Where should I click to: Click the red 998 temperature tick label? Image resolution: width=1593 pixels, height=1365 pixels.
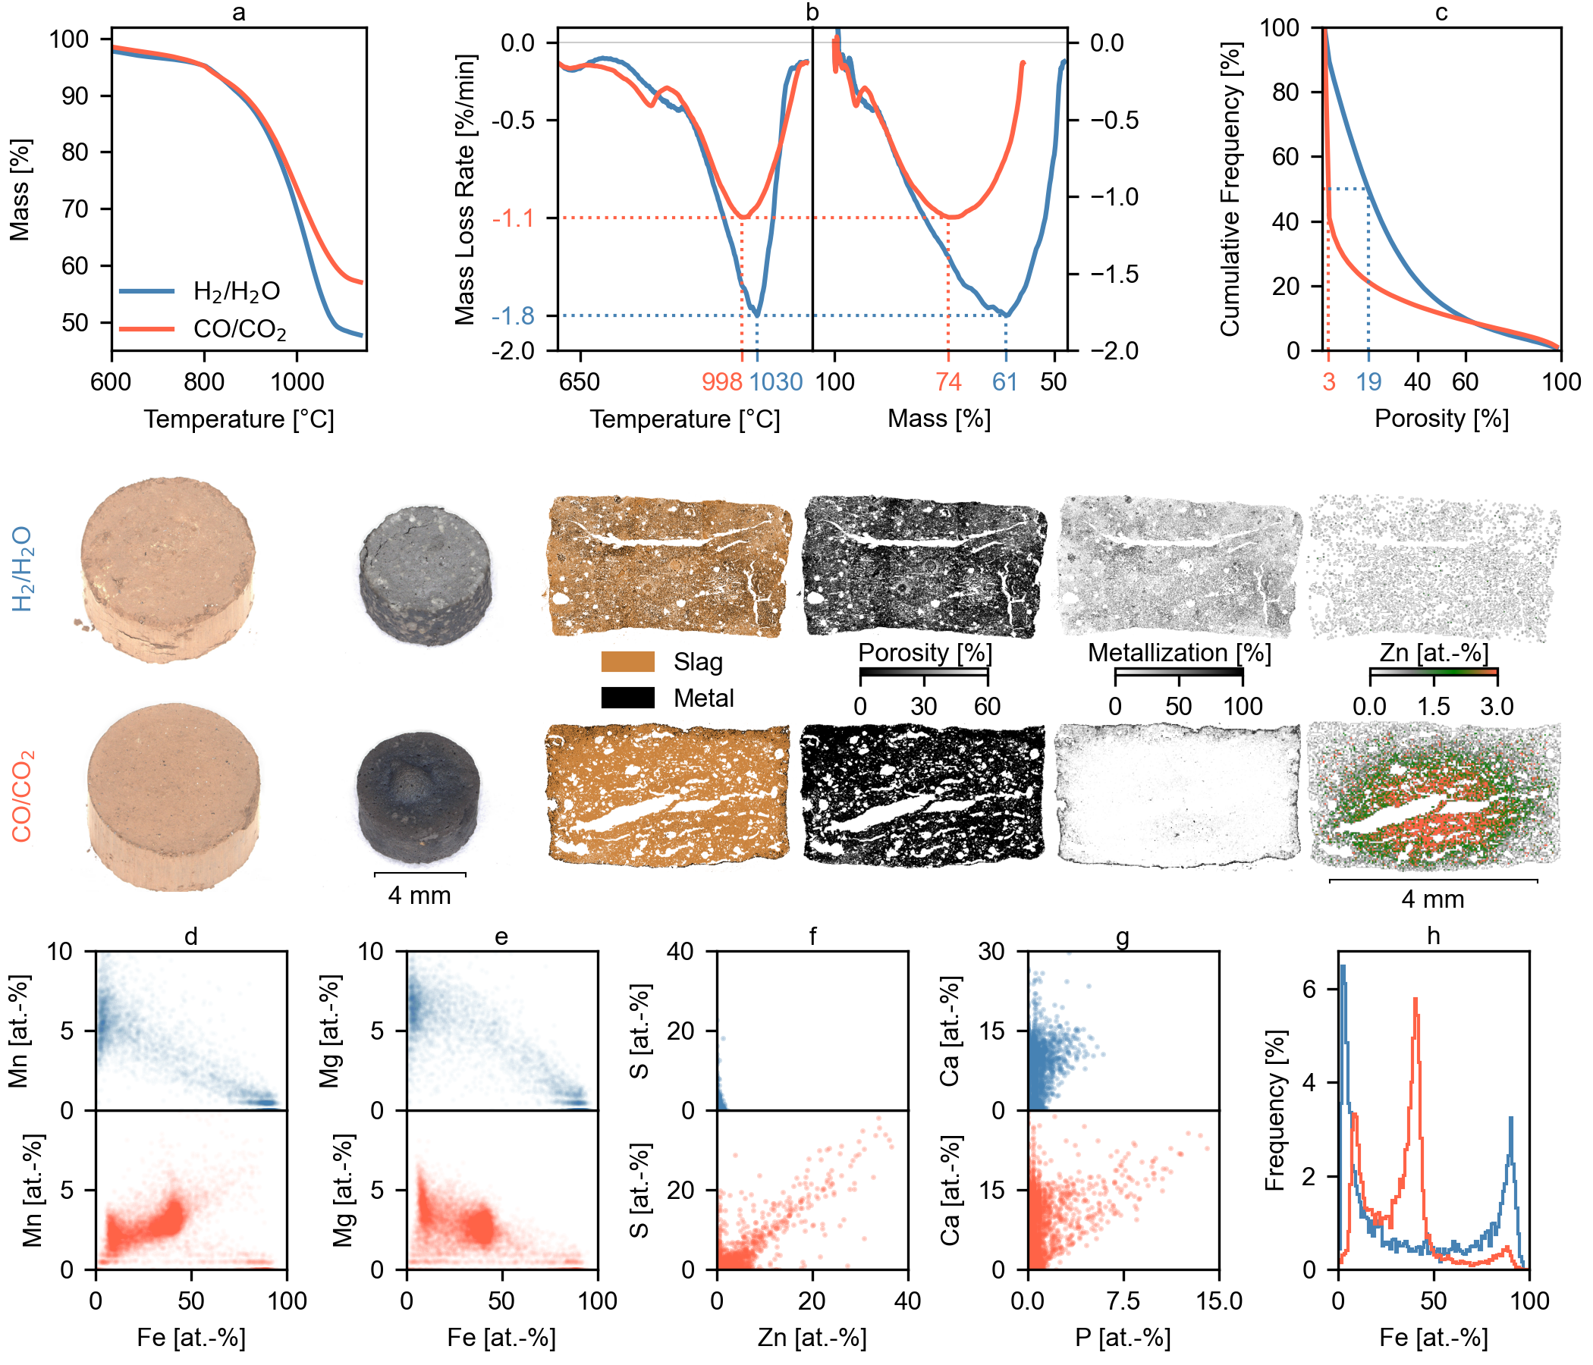(721, 382)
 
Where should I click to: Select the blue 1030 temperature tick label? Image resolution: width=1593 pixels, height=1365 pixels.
(776, 382)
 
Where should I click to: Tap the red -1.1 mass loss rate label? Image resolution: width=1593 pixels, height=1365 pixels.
(513, 218)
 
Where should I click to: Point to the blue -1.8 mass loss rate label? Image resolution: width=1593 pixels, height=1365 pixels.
(513, 316)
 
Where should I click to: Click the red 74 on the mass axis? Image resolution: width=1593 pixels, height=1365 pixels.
(948, 382)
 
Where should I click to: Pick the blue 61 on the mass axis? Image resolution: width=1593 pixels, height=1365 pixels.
(1005, 382)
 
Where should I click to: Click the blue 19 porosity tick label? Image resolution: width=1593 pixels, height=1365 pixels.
(1368, 382)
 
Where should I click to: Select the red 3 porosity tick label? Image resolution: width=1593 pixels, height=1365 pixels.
(1328, 382)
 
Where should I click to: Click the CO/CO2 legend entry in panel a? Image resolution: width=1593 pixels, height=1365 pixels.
(239, 330)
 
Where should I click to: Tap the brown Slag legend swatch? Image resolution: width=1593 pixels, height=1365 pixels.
(627, 662)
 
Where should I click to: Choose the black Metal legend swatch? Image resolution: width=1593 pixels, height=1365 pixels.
(627, 698)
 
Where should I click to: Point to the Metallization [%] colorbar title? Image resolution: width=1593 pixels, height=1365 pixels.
(1179, 653)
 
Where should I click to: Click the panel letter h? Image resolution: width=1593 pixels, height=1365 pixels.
(1433, 935)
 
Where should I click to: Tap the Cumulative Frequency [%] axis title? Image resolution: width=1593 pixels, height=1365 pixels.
(1231, 189)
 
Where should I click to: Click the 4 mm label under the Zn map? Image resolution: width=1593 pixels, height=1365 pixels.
(1432, 899)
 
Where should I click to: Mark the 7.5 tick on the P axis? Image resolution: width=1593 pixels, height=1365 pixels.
(1123, 1301)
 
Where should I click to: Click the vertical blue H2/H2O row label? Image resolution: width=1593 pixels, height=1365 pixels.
(21, 569)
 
